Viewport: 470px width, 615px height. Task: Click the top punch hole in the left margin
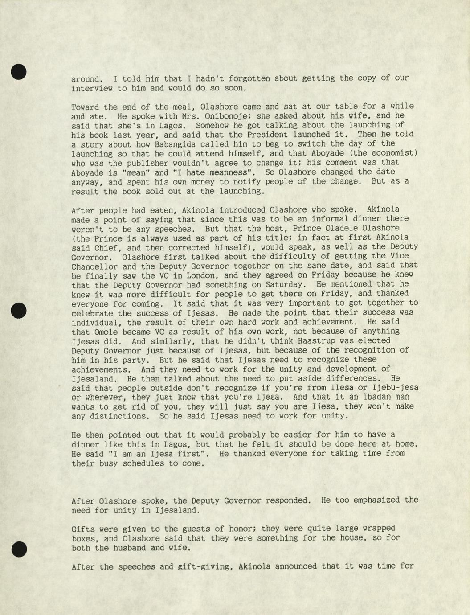point(18,72)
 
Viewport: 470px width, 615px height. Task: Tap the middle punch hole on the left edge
point(18,311)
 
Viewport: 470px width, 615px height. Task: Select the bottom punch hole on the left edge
point(19,549)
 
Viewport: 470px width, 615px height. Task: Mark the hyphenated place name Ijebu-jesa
point(393,388)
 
